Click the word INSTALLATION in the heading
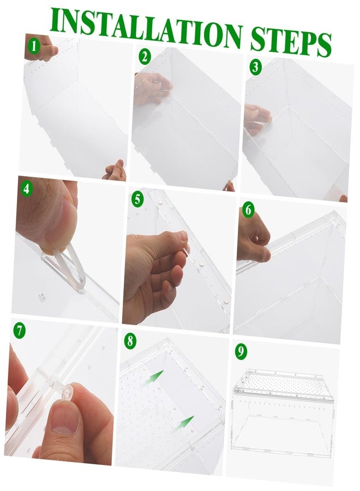(x=146, y=27)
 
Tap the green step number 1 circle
(x=34, y=46)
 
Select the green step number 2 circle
(x=145, y=57)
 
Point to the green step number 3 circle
(x=255, y=67)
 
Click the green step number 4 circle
(x=27, y=189)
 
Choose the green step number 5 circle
(x=137, y=199)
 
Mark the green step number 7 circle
(x=20, y=331)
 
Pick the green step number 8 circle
(x=130, y=340)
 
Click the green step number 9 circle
(x=241, y=351)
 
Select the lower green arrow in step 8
(x=183, y=424)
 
